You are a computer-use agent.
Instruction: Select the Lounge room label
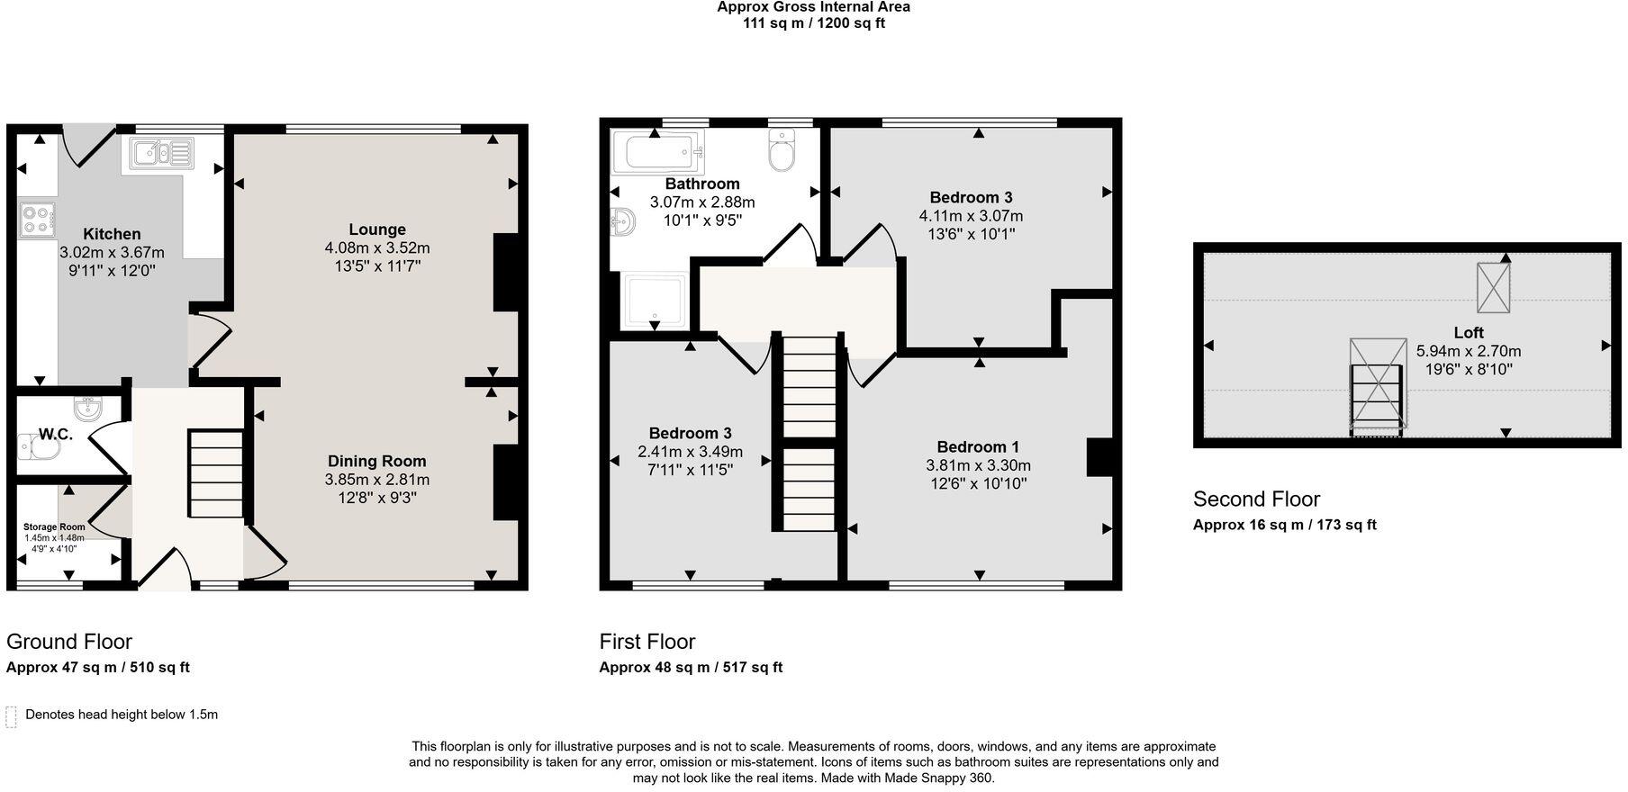[377, 229]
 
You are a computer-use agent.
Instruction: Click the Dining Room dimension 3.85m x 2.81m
[377, 480]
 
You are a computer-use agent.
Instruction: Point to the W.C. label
[55, 434]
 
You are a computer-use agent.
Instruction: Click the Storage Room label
[54, 527]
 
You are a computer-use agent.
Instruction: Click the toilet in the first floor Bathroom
[782, 150]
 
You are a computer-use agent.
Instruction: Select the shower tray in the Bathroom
[656, 301]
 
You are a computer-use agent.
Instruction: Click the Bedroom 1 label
[978, 447]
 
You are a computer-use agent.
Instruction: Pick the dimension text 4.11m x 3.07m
[971, 216]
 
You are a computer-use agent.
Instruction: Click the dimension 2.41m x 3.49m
[691, 452]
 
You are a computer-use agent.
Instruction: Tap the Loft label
[1468, 332]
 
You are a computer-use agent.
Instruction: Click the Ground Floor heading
[69, 642]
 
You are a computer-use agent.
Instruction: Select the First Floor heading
[647, 642]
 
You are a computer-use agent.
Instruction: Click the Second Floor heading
[1256, 499]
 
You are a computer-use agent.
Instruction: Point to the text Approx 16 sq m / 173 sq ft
[1284, 525]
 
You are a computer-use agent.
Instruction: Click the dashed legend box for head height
[12, 716]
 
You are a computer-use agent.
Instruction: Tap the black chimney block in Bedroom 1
[1099, 456]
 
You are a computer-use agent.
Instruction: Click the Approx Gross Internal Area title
[813, 7]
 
